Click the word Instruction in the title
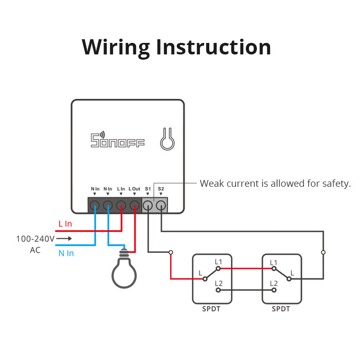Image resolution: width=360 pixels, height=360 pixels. [213, 47]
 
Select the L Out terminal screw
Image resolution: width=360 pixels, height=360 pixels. [134, 205]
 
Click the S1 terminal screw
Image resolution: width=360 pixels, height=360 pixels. [148, 205]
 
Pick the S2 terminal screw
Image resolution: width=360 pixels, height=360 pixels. [161, 205]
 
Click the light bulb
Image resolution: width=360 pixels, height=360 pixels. [125, 271]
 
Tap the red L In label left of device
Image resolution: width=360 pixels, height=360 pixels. [65, 224]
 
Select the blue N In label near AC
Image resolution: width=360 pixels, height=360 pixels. [66, 253]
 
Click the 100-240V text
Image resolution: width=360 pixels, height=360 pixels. [35, 239]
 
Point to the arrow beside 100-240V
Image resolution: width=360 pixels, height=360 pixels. [64, 239]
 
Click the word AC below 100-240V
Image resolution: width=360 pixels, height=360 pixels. [35, 250]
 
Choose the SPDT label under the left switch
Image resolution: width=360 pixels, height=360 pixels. [212, 309]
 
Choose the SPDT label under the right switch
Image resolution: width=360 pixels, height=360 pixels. [281, 309]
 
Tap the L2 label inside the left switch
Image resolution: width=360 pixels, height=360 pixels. [218, 283]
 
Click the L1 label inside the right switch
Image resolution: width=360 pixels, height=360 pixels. [274, 262]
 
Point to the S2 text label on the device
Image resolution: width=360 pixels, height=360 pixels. [161, 188]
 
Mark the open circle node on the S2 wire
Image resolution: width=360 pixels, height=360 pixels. [323, 252]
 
